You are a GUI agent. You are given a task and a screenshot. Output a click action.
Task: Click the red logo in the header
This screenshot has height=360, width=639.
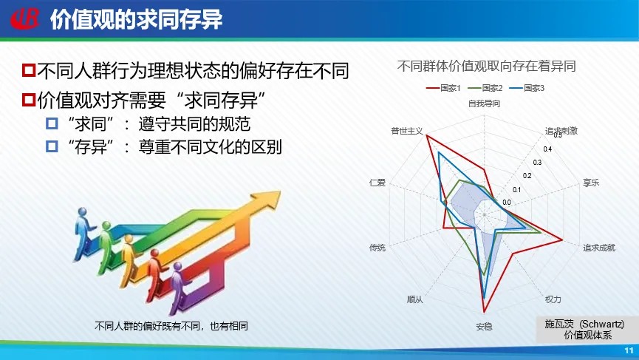tap(25, 18)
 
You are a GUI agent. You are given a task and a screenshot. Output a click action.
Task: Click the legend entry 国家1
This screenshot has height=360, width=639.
tap(443, 88)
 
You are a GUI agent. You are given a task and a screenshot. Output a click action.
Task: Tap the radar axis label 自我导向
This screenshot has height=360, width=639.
tap(484, 103)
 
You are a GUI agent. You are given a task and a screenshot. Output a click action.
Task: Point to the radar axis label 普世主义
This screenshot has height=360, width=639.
tap(407, 131)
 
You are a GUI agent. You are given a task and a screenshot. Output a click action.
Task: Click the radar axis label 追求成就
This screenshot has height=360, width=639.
tap(598, 248)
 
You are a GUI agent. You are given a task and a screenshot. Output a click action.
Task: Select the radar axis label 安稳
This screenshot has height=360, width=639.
tap(484, 327)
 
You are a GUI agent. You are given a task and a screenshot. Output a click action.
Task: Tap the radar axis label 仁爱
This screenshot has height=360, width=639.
tap(377, 183)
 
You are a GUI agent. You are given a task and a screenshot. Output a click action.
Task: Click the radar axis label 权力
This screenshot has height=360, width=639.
tap(553, 299)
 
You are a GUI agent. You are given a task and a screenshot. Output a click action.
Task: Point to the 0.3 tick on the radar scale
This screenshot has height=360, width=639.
tap(537, 163)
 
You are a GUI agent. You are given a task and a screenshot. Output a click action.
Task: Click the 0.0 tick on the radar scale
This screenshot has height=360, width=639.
tap(507, 203)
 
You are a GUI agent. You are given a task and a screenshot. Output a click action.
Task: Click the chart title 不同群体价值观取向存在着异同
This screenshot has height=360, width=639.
tap(486, 66)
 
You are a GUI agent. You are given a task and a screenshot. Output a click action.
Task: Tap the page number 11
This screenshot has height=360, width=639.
tap(629, 350)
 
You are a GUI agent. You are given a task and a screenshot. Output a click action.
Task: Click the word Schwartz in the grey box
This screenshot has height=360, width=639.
tap(602, 324)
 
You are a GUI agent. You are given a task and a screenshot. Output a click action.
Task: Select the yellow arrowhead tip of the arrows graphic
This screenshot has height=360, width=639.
tap(281, 191)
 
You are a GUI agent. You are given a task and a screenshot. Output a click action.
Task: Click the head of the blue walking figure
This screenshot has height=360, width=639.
tap(83, 212)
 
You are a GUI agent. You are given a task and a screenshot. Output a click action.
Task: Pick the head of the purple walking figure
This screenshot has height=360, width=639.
tap(177, 267)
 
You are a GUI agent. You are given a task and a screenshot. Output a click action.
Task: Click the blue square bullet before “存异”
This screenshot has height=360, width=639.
tap(52, 146)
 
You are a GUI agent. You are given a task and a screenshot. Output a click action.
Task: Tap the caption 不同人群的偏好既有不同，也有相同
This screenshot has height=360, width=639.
tap(171, 326)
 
